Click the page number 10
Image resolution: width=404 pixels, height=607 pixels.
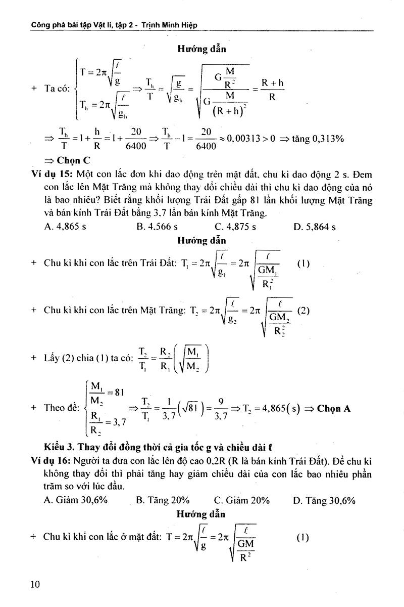[x=35, y=584]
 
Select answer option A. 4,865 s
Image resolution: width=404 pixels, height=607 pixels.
[x=65, y=227]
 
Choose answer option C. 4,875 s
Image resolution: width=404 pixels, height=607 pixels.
[x=235, y=227]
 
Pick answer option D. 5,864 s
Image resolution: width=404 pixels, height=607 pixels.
[x=315, y=227]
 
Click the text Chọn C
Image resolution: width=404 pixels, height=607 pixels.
[x=67, y=161]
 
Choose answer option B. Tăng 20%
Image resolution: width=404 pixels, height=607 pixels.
[x=163, y=500]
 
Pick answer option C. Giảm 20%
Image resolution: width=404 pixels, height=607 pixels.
[x=241, y=500]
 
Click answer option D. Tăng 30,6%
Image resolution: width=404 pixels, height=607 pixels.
[x=324, y=500]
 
